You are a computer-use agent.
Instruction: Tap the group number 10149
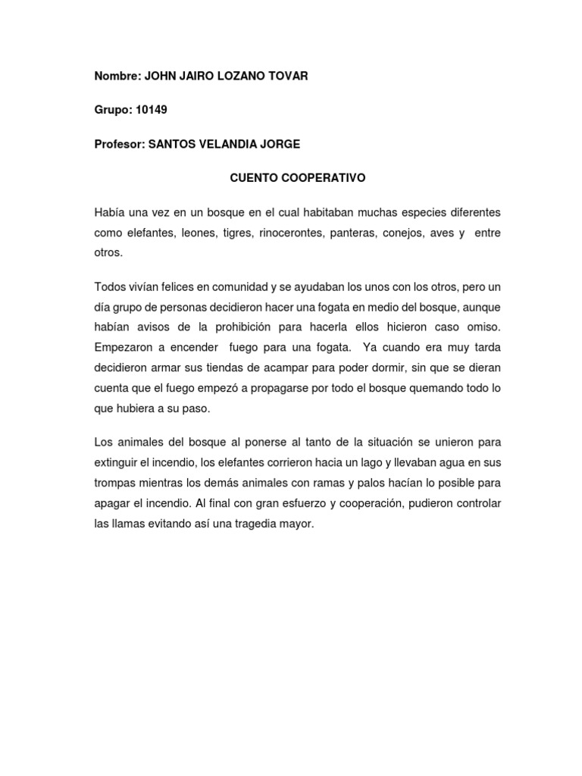pyautogui.click(x=152, y=110)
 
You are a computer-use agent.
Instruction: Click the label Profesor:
pyautogui.click(x=119, y=144)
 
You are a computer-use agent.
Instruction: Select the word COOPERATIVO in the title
pyautogui.click(x=326, y=178)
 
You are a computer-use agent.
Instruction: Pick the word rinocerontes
pyautogui.click(x=290, y=232)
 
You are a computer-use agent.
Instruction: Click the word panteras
pyautogui.click(x=356, y=232)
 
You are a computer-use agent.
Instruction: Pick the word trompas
pyautogui.click(x=115, y=483)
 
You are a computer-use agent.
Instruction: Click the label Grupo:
pyautogui.click(x=112, y=110)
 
